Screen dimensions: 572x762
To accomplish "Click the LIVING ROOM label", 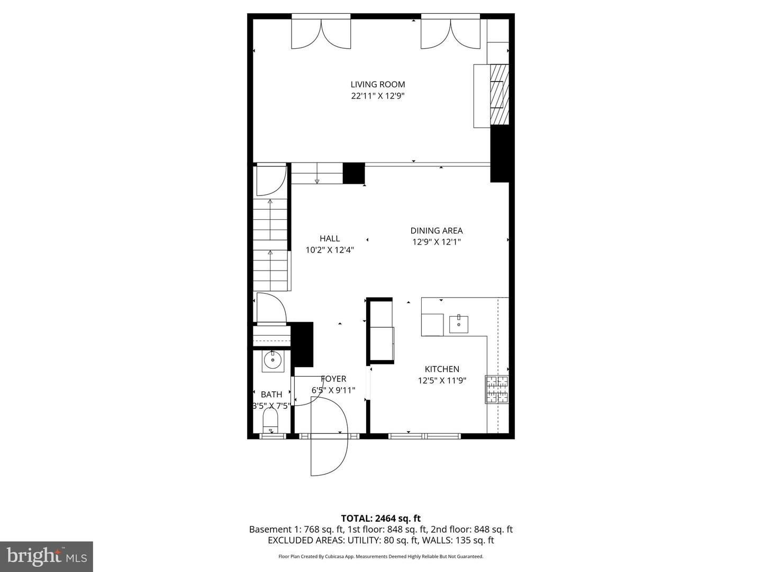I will tap(378, 84).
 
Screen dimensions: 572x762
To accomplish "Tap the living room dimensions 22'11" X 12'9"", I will tap(378, 96).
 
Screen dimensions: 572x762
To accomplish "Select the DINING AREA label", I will tap(437, 230).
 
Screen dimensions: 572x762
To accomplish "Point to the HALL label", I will tap(330, 238).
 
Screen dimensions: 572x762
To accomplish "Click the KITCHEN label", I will tap(442, 369).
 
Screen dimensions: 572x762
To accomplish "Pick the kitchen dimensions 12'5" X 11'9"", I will tap(442, 380).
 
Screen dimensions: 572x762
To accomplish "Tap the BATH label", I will tap(271, 394).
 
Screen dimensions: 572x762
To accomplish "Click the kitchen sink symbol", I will tap(459, 324).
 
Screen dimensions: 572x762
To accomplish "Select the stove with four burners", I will tap(497, 389).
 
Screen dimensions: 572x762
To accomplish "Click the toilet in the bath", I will tap(270, 422).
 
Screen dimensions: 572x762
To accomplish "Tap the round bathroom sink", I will tap(273, 361).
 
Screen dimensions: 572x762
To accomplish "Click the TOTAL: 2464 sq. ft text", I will tap(380, 519).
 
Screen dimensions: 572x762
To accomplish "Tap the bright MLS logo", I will tap(47, 556).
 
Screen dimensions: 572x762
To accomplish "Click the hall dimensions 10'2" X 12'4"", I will tap(330, 250).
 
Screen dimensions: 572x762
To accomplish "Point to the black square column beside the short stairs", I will tap(353, 173).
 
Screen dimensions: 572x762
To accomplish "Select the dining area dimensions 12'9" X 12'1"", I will tap(437, 242).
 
